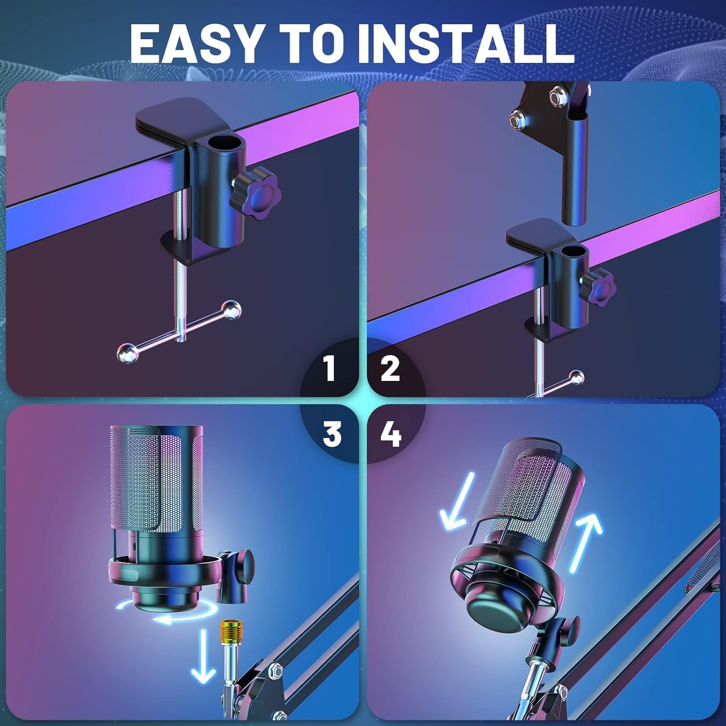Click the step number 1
(x=330, y=368)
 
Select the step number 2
(x=390, y=368)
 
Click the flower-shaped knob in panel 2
(x=598, y=287)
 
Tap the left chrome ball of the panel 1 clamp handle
(x=127, y=352)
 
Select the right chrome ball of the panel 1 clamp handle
(x=231, y=310)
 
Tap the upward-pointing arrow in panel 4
(x=583, y=542)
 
